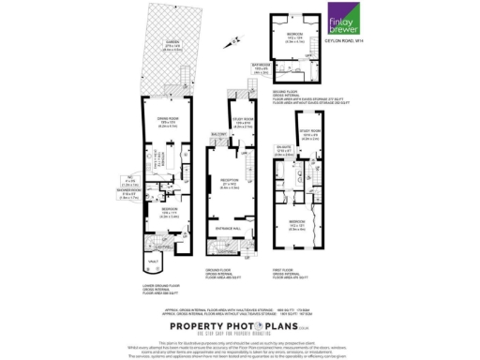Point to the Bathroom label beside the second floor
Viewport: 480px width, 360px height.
[x=262, y=67]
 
